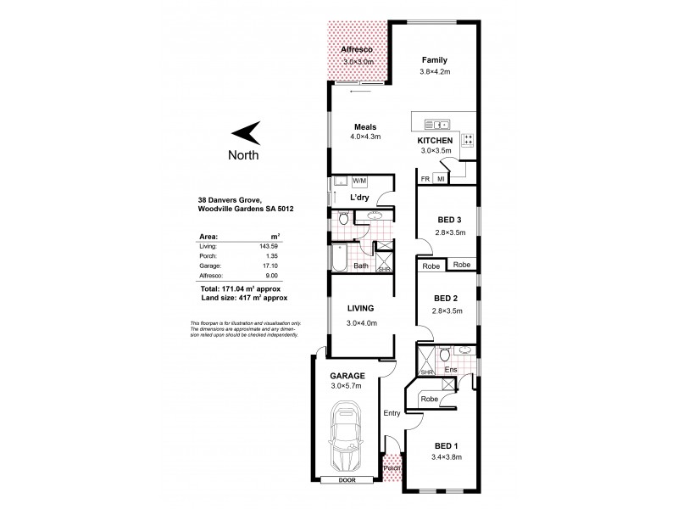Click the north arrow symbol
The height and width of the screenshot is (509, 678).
pyautogui.click(x=247, y=132)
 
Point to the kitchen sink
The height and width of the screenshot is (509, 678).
pyautogui.click(x=434, y=120)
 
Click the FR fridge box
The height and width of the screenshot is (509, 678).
pyautogui.click(x=425, y=179)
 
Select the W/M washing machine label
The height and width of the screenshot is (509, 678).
pyautogui.click(x=359, y=181)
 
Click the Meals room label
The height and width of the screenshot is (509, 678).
pyautogui.click(x=366, y=126)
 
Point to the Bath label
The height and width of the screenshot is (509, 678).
pyautogui.click(x=360, y=266)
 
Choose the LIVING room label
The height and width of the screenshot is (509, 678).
pyautogui.click(x=361, y=308)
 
